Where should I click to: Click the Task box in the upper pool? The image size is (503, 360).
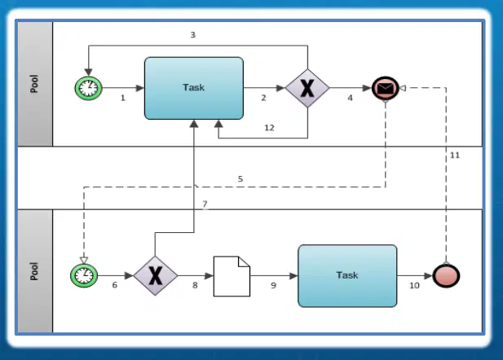point(194,88)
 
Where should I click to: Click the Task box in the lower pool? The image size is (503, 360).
point(347,275)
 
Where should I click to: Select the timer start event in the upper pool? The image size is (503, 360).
point(89,88)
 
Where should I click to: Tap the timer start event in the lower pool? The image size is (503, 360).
point(84,275)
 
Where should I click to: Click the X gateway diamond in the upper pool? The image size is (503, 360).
point(307,88)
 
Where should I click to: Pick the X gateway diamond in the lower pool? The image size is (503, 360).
point(155,275)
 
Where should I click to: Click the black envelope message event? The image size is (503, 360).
point(386,88)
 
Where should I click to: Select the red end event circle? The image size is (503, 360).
point(446,275)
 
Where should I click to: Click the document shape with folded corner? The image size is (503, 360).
point(232,276)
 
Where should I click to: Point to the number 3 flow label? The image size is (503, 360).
point(192,35)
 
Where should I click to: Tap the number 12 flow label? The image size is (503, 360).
point(269,128)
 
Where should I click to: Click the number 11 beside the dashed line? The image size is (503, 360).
point(455,155)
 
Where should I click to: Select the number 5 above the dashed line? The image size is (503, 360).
point(240,179)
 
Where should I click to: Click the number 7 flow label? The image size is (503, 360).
point(205,204)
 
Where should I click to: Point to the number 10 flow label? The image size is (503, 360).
point(414,285)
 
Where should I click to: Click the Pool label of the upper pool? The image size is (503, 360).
point(34,84)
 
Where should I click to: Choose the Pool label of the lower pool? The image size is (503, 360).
point(34,271)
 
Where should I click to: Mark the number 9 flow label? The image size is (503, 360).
point(273,285)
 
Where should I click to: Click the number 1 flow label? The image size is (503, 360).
point(123,98)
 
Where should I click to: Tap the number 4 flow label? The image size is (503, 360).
point(350,98)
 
